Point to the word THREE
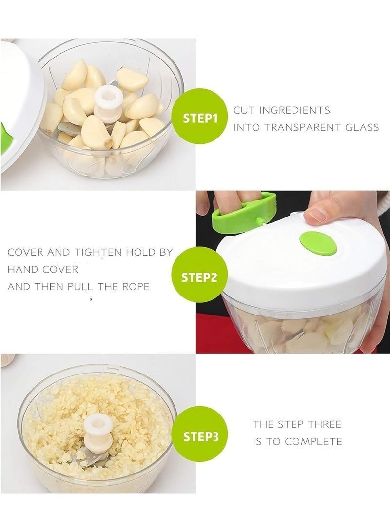(324, 424)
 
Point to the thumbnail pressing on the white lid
(316, 215)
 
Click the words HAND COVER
(43, 270)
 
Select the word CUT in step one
(244, 110)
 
